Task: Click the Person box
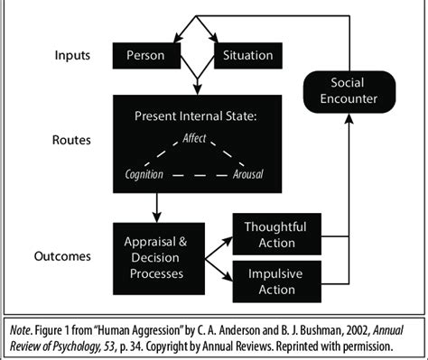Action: (145, 56)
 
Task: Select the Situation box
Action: (247, 56)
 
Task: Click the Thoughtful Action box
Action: (276, 235)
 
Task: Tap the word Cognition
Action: (144, 174)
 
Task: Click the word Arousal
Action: (249, 174)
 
